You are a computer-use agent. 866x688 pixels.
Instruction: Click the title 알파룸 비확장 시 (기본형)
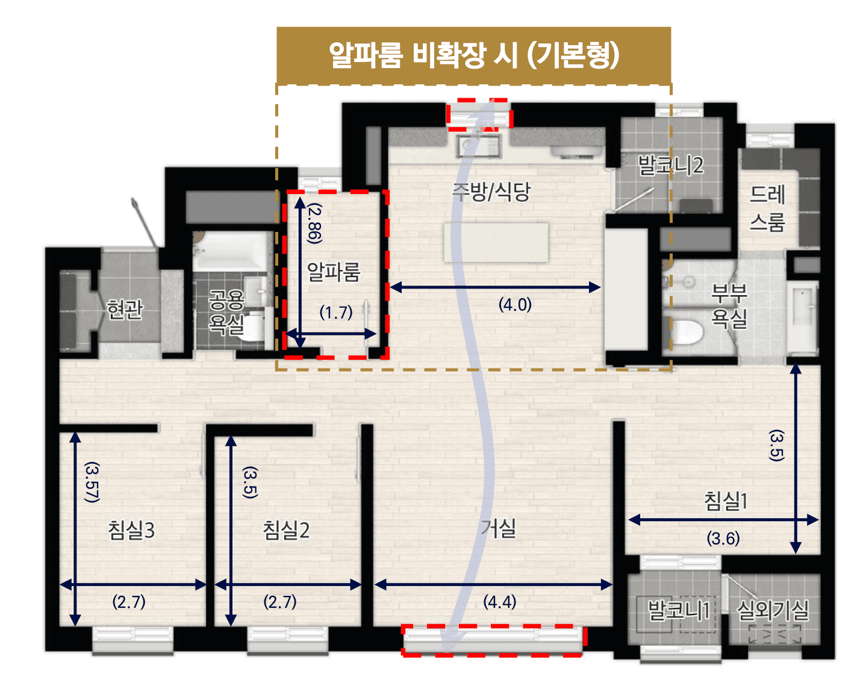473,55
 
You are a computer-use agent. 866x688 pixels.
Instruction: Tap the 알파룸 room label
334,272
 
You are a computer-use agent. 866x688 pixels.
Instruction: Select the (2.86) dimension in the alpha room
314,223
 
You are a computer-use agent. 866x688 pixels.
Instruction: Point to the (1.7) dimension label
336,312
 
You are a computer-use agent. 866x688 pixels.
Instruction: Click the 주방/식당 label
491,192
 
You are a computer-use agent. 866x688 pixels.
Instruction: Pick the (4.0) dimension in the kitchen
515,304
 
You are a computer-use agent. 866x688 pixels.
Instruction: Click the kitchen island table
496,242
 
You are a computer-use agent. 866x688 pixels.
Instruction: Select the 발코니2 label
670,165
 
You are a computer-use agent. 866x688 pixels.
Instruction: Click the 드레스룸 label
768,208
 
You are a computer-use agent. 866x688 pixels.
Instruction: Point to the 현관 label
125,309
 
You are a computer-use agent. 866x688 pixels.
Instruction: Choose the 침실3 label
131,530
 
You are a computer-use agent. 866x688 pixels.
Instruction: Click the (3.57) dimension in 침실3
92,482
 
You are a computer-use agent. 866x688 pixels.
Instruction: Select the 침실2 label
286,530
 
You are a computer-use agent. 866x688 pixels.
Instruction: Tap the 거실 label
499,528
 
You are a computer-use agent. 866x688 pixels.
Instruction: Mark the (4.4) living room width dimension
499,601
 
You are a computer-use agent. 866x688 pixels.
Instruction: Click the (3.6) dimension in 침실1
723,538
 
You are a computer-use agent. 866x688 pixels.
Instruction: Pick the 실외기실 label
773,610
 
